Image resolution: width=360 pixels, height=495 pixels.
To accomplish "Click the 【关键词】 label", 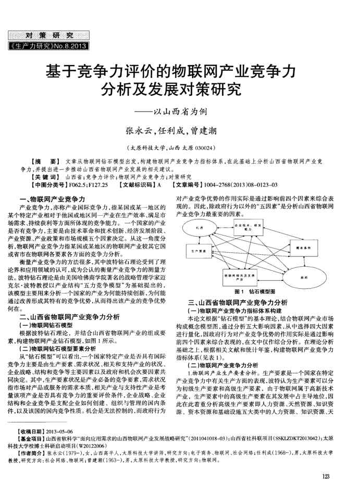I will pos(41,177).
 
